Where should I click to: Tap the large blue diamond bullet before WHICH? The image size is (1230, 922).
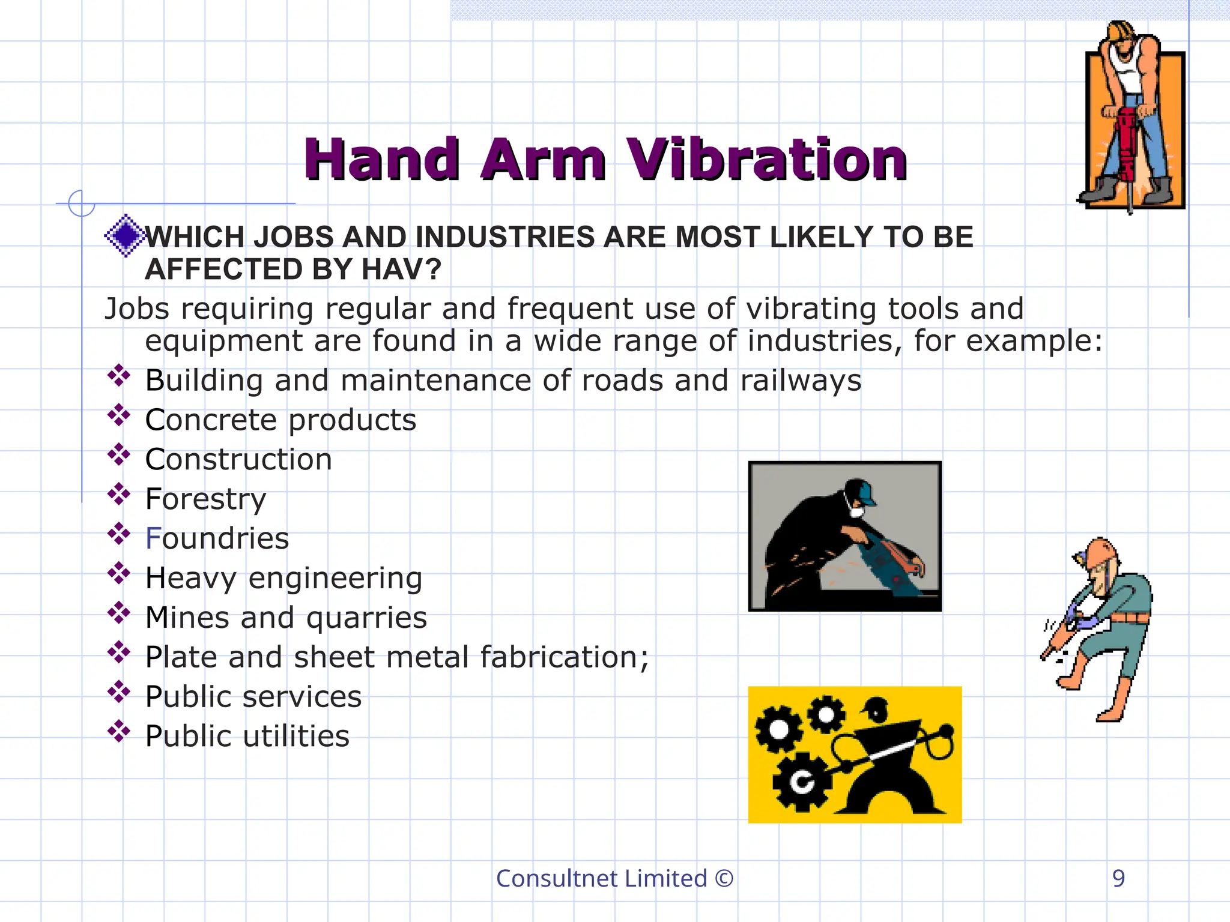tap(125, 235)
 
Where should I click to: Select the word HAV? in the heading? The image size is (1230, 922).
tap(401, 269)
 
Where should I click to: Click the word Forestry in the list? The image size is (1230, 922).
tap(205, 499)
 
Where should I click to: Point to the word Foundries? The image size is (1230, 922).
tap(217, 538)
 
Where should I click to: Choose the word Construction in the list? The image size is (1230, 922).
tap(238, 460)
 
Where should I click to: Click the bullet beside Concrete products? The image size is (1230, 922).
tap(119, 415)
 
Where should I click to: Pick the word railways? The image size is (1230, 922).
tap(801, 381)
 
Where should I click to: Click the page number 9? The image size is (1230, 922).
tap(1118, 879)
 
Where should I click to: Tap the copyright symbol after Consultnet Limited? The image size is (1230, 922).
tap(724, 879)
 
